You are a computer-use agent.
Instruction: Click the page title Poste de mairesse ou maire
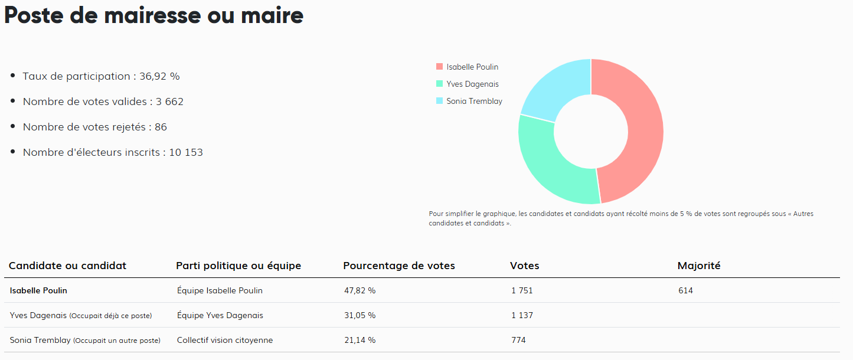153,16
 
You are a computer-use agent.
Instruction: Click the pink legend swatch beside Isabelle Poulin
439,67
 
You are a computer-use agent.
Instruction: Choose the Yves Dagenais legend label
472,84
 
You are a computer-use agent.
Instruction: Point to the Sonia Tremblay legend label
474,101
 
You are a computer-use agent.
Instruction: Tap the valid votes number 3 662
169,102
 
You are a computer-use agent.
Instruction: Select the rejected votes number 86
161,127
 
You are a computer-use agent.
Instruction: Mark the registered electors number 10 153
186,152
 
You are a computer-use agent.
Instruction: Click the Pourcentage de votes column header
399,266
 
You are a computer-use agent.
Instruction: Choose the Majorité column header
699,266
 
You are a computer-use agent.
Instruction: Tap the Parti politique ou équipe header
238,266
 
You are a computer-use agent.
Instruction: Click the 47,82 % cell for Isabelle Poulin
359,290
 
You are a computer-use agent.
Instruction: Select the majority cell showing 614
685,290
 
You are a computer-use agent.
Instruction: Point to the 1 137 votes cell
522,315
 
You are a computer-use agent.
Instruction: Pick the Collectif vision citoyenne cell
225,340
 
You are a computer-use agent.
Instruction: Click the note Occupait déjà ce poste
110,316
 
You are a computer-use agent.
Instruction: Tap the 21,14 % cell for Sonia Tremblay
359,340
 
